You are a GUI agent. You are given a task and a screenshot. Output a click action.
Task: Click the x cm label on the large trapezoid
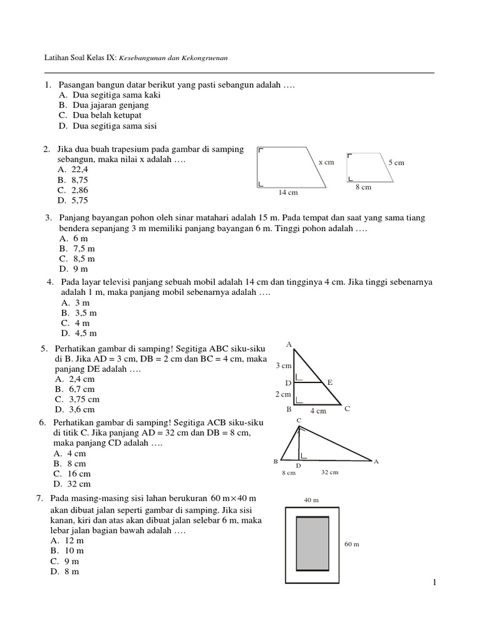326,162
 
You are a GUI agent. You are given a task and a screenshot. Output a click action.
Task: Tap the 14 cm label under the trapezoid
288,193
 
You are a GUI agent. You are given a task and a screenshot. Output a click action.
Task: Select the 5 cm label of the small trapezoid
396,163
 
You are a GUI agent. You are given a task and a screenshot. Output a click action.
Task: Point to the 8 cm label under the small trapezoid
363,187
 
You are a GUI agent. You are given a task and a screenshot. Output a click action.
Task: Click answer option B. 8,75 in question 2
73,179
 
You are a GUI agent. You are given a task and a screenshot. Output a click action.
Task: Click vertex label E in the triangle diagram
330,382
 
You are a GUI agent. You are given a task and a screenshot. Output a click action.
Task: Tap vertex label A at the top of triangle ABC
289,344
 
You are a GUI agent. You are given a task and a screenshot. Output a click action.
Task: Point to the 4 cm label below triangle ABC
318,411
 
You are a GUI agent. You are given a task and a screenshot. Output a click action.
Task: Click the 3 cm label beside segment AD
283,365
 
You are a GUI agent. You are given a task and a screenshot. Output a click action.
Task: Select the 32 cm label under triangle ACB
329,473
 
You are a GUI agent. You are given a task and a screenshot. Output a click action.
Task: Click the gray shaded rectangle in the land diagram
313,543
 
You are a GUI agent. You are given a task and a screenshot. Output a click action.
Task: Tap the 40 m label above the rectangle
311,500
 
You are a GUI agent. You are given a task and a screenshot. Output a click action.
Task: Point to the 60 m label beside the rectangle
353,545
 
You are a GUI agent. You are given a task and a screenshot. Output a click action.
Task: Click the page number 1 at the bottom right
433,583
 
